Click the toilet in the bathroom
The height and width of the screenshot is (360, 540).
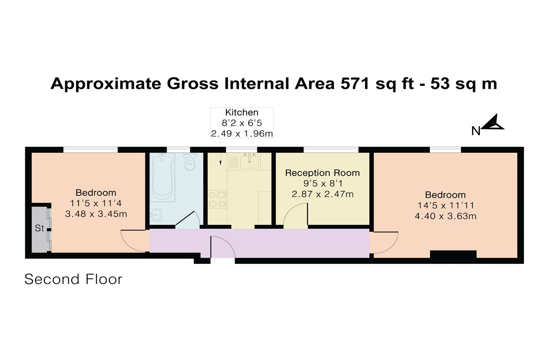coord(190,162)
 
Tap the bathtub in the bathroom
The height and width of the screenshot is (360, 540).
coord(162,177)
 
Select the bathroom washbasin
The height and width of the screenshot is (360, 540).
coord(156,215)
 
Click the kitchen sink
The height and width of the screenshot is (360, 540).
coord(249,161)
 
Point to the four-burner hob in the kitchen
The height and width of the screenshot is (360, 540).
coord(217,199)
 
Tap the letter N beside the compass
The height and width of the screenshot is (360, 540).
coord(476,131)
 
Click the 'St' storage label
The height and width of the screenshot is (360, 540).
coord(40,228)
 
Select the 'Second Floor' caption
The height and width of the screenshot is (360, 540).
coord(73,279)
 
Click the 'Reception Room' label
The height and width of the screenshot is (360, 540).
coord(322,173)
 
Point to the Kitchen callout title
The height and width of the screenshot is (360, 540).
coord(242,112)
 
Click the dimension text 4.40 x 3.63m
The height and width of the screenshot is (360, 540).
coord(446,216)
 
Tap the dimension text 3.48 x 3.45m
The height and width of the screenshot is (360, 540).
coord(96,214)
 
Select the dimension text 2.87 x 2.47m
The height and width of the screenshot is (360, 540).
coord(323,194)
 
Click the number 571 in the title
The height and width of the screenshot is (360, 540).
coord(355,84)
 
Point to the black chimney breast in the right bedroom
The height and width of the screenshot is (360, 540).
coord(453,255)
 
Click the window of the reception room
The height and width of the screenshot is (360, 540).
coord(331,150)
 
